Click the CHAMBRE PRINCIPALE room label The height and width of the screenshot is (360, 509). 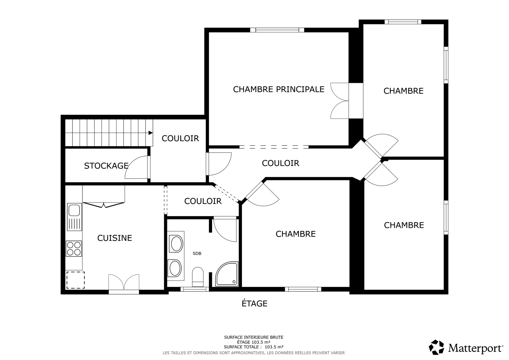pos(279,89)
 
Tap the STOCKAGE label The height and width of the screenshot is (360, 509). pos(106,166)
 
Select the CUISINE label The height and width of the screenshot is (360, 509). pos(115,238)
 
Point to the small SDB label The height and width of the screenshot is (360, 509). pos(197,253)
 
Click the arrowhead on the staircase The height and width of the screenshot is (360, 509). pos(150,133)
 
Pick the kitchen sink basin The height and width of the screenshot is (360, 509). pos(74,210)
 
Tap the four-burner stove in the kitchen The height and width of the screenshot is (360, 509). pos(74,249)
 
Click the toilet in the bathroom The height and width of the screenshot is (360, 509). pos(198,277)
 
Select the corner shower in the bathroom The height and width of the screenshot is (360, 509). pos(227,274)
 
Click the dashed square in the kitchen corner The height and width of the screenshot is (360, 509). pos(75,280)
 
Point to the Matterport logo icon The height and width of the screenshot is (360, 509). pos(436,347)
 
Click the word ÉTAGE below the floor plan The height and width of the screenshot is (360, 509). pos(254,304)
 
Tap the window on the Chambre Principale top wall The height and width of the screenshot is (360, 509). pos(277,30)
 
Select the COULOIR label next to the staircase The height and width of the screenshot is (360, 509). pos(180,138)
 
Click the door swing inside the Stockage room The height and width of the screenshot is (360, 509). pos(137,167)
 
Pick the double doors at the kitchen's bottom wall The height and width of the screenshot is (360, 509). pos(124,284)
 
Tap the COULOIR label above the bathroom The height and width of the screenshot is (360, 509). pos(203,201)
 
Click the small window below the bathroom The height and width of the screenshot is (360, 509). pos(195,289)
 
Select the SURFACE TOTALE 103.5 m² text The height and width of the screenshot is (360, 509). pos(254,347)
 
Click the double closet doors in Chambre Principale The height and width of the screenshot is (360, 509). pos(339,101)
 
